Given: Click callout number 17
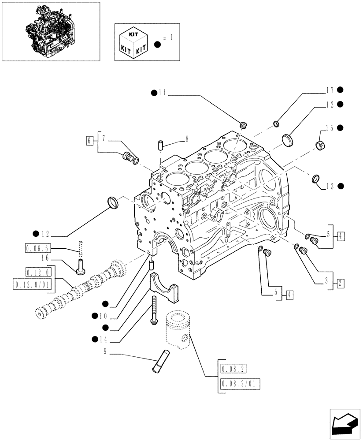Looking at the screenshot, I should (x=329, y=90).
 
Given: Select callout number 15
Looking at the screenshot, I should (x=329, y=128).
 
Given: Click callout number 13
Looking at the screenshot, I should (x=329, y=186).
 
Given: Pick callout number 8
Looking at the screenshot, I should (x=187, y=138).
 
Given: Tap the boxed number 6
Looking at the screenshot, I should (x=89, y=141).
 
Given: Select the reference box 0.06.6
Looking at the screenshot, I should (x=38, y=249).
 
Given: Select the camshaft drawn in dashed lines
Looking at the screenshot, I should (x=79, y=289).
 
